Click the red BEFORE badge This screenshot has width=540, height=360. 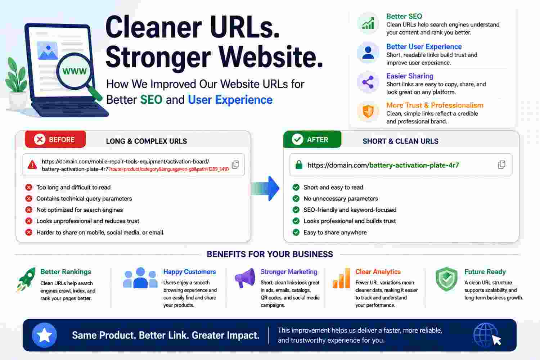(55, 139)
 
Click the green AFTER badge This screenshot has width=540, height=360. (312, 139)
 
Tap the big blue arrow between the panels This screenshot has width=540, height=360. (265, 189)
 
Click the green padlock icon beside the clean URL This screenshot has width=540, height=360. (299, 165)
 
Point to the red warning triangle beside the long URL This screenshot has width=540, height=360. (32, 165)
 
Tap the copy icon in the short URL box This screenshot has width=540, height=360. (502, 165)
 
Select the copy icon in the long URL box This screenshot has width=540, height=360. (235, 165)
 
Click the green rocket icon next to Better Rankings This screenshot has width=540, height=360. (26, 280)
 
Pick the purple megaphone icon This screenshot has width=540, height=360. (245, 278)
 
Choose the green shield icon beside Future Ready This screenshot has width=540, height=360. (446, 279)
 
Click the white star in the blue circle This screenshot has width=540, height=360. (44, 335)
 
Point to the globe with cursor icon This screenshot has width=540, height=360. (487, 335)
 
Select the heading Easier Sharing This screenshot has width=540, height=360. (410, 76)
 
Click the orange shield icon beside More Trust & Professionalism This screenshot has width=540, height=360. (368, 111)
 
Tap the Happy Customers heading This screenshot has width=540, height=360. (189, 272)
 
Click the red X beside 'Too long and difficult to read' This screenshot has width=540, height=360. (29, 187)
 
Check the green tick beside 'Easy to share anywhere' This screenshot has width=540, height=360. (296, 233)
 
